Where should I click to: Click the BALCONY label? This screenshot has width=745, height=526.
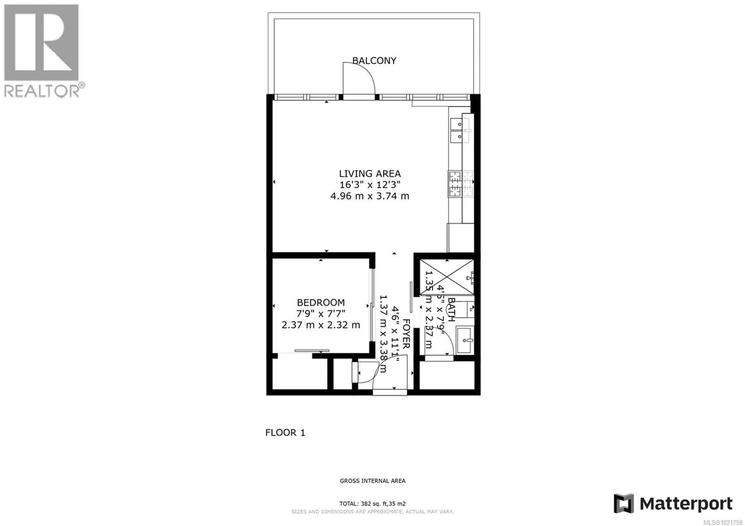(374, 61)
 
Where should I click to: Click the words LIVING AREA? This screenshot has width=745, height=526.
(370, 174)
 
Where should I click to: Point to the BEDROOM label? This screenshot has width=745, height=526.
(321, 303)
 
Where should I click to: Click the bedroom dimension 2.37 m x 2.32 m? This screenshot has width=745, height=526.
(321, 325)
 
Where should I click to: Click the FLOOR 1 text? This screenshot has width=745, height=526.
(285, 433)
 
